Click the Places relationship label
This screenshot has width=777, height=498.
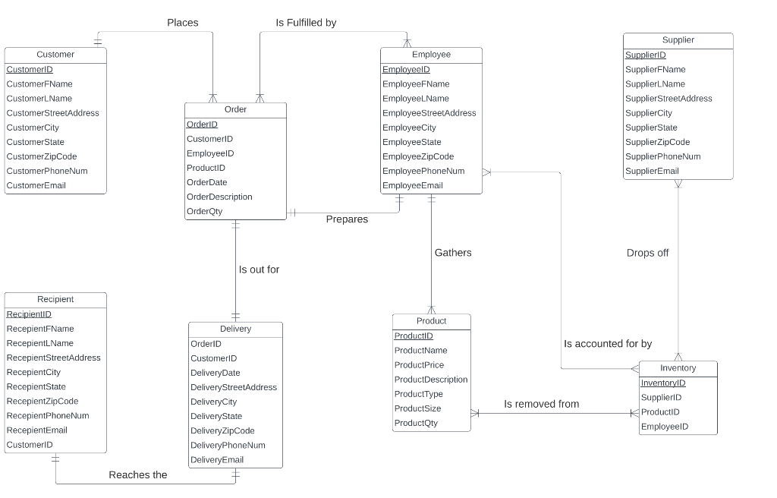tap(183, 23)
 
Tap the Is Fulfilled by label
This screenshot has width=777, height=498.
tap(306, 23)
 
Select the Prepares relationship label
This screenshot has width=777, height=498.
tap(347, 219)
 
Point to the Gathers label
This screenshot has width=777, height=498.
tap(453, 253)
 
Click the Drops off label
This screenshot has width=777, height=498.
tap(647, 253)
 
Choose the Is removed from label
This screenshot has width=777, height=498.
tap(541, 404)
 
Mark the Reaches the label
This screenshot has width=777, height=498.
tap(138, 475)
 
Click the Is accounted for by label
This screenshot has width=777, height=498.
tap(608, 344)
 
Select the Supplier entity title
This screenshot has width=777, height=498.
tap(678, 40)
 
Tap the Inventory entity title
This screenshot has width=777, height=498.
tap(678, 368)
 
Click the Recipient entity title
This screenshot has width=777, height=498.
tap(55, 299)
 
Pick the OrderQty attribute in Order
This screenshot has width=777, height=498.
tap(205, 211)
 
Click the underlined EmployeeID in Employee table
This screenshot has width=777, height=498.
tap(406, 70)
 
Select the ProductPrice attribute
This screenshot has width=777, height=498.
tap(419, 365)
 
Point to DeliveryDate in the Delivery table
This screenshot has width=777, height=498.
tap(215, 373)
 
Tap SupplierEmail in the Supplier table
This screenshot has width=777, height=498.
tap(652, 171)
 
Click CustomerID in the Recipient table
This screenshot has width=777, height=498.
tap(30, 445)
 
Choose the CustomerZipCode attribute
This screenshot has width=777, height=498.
tap(42, 156)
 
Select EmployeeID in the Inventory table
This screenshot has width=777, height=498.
tap(664, 427)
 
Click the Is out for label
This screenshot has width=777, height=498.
tap(259, 269)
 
